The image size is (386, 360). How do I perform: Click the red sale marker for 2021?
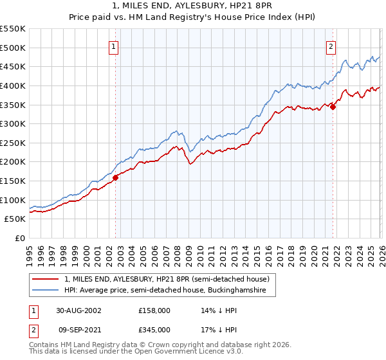[333, 107]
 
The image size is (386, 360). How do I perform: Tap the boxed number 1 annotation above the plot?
[113, 46]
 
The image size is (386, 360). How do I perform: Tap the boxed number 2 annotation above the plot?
[331, 46]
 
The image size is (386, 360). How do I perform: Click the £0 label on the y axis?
[20, 239]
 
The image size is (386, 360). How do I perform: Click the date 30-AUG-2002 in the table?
[78, 310]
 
